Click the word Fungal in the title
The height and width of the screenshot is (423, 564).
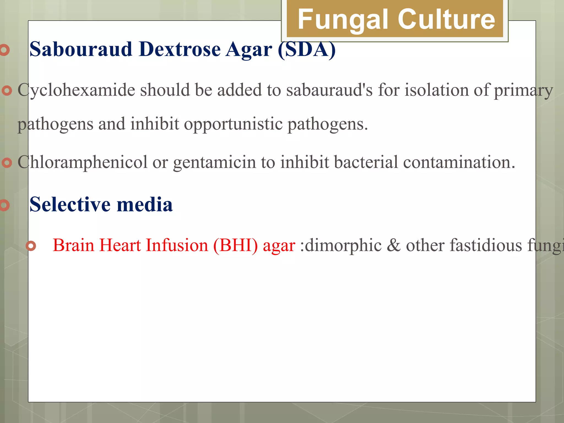[x=344, y=19]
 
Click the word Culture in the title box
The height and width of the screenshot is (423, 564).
[x=446, y=19]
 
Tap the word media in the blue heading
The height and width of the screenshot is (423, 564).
[x=145, y=205]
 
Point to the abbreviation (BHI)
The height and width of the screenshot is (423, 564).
[x=235, y=245]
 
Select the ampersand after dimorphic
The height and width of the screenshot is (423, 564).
[x=394, y=245]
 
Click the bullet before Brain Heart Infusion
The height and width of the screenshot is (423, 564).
[x=31, y=246]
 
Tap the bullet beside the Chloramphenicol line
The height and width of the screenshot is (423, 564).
[x=7, y=163]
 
